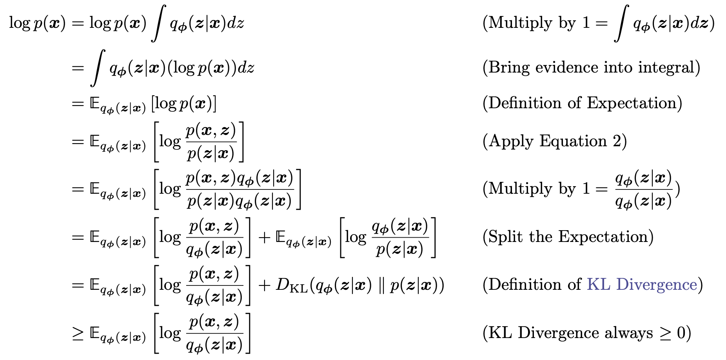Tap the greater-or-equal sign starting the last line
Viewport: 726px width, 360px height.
(x=78, y=333)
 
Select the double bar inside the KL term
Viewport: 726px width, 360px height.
(x=381, y=285)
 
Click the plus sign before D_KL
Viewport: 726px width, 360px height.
(x=265, y=285)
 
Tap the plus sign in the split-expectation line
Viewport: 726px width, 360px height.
(x=265, y=237)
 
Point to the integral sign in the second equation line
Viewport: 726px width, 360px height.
(x=98, y=67)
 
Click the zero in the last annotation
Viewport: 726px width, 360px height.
(x=681, y=333)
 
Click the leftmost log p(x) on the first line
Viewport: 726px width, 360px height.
(x=37, y=23)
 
